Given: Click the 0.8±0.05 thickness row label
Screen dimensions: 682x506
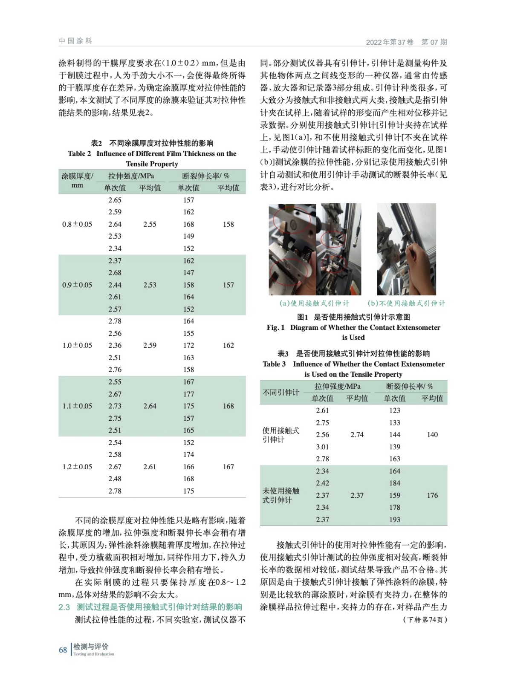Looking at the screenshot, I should [x=77, y=224].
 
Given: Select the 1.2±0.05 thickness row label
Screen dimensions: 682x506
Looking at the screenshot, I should [x=77, y=467].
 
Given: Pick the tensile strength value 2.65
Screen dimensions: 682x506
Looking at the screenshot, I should [x=115, y=200].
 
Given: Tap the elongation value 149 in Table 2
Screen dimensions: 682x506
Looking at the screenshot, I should [x=188, y=236].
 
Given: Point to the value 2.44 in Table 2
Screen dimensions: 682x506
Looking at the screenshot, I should [x=115, y=285].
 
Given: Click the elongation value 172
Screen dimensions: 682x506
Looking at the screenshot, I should [x=188, y=345].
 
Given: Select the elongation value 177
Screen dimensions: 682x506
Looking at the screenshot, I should [x=188, y=394].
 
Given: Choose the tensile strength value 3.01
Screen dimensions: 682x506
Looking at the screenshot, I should [x=322, y=447].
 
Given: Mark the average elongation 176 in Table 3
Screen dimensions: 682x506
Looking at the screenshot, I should [x=432, y=495].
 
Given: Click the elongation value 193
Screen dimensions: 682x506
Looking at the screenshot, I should [x=395, y=520].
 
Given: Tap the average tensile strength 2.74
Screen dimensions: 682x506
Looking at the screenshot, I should [x=357, y=435].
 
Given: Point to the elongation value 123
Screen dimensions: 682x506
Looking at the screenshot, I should [x=395, y=410].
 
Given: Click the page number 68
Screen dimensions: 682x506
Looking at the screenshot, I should [x=63, y=650].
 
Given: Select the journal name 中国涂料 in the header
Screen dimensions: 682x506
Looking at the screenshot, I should [x=75, y=41].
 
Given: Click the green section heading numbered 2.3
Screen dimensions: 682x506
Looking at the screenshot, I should [x=150, y=607].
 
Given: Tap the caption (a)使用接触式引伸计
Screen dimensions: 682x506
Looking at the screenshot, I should [x=314, y=303].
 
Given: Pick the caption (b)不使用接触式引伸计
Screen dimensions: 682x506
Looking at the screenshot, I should [x=406, y=303].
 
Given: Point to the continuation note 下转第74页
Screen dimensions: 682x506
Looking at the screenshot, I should [x=425, y=620].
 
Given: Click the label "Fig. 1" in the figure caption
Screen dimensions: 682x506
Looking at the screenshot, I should [x=276, y=327].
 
